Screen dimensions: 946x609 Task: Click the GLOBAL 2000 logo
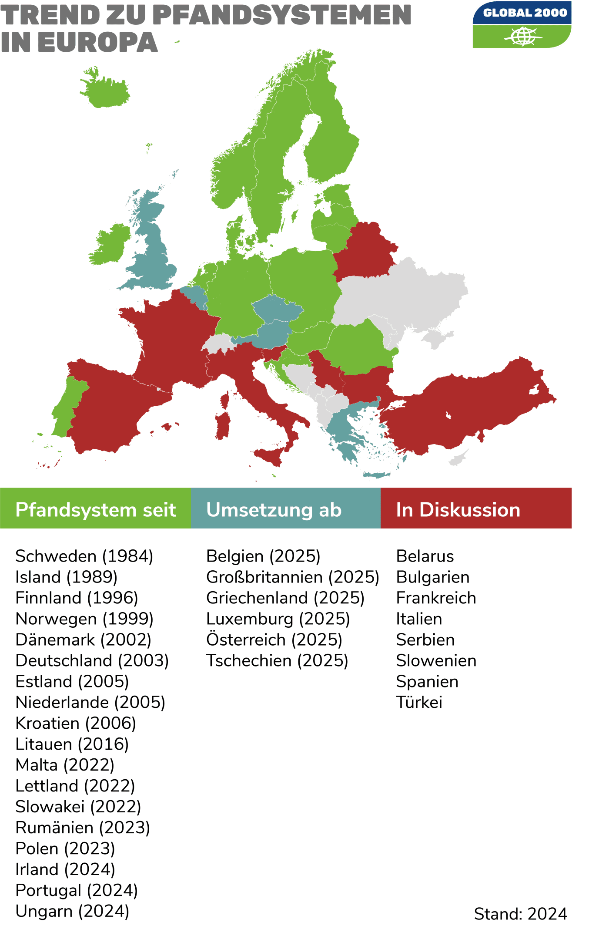pos(522,25)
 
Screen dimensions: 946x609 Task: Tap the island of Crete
pos(377,475)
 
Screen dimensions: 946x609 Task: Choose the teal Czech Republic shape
pos(276,309)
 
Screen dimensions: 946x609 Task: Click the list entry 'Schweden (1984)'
pos(84,556)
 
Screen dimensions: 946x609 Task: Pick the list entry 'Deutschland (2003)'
pos(92,661)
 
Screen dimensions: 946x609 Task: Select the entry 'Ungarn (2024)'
pos(73,911)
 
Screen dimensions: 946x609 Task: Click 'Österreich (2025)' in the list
pos(274,640)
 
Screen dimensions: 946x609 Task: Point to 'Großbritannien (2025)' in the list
pos(293,577)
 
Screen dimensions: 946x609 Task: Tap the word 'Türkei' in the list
pos(419,703)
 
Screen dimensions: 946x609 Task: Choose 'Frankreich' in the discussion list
pos(436,598)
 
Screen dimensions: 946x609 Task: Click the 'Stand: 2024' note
pos(520,914)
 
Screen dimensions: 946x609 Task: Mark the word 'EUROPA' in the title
pos(97,43)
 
